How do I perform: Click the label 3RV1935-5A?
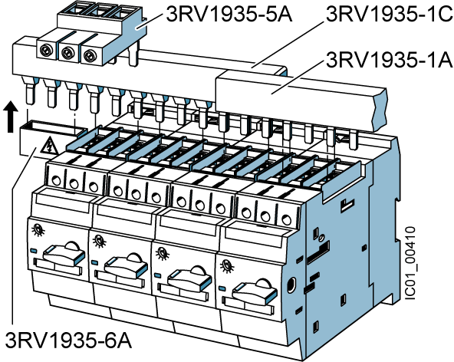229,15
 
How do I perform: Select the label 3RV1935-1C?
389,14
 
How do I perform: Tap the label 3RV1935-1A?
389,60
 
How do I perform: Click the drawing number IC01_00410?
410,263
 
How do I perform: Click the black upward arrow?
11,117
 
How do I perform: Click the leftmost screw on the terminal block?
47,50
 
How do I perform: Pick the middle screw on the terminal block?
67,53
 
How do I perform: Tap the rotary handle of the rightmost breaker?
255,291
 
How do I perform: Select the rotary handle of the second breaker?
127,265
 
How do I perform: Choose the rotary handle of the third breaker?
189,278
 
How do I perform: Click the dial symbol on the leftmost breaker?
38,230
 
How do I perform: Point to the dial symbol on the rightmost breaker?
226,266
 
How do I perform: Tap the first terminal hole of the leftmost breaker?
56,181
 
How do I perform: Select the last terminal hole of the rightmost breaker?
286,220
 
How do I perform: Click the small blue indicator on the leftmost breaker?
33,251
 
